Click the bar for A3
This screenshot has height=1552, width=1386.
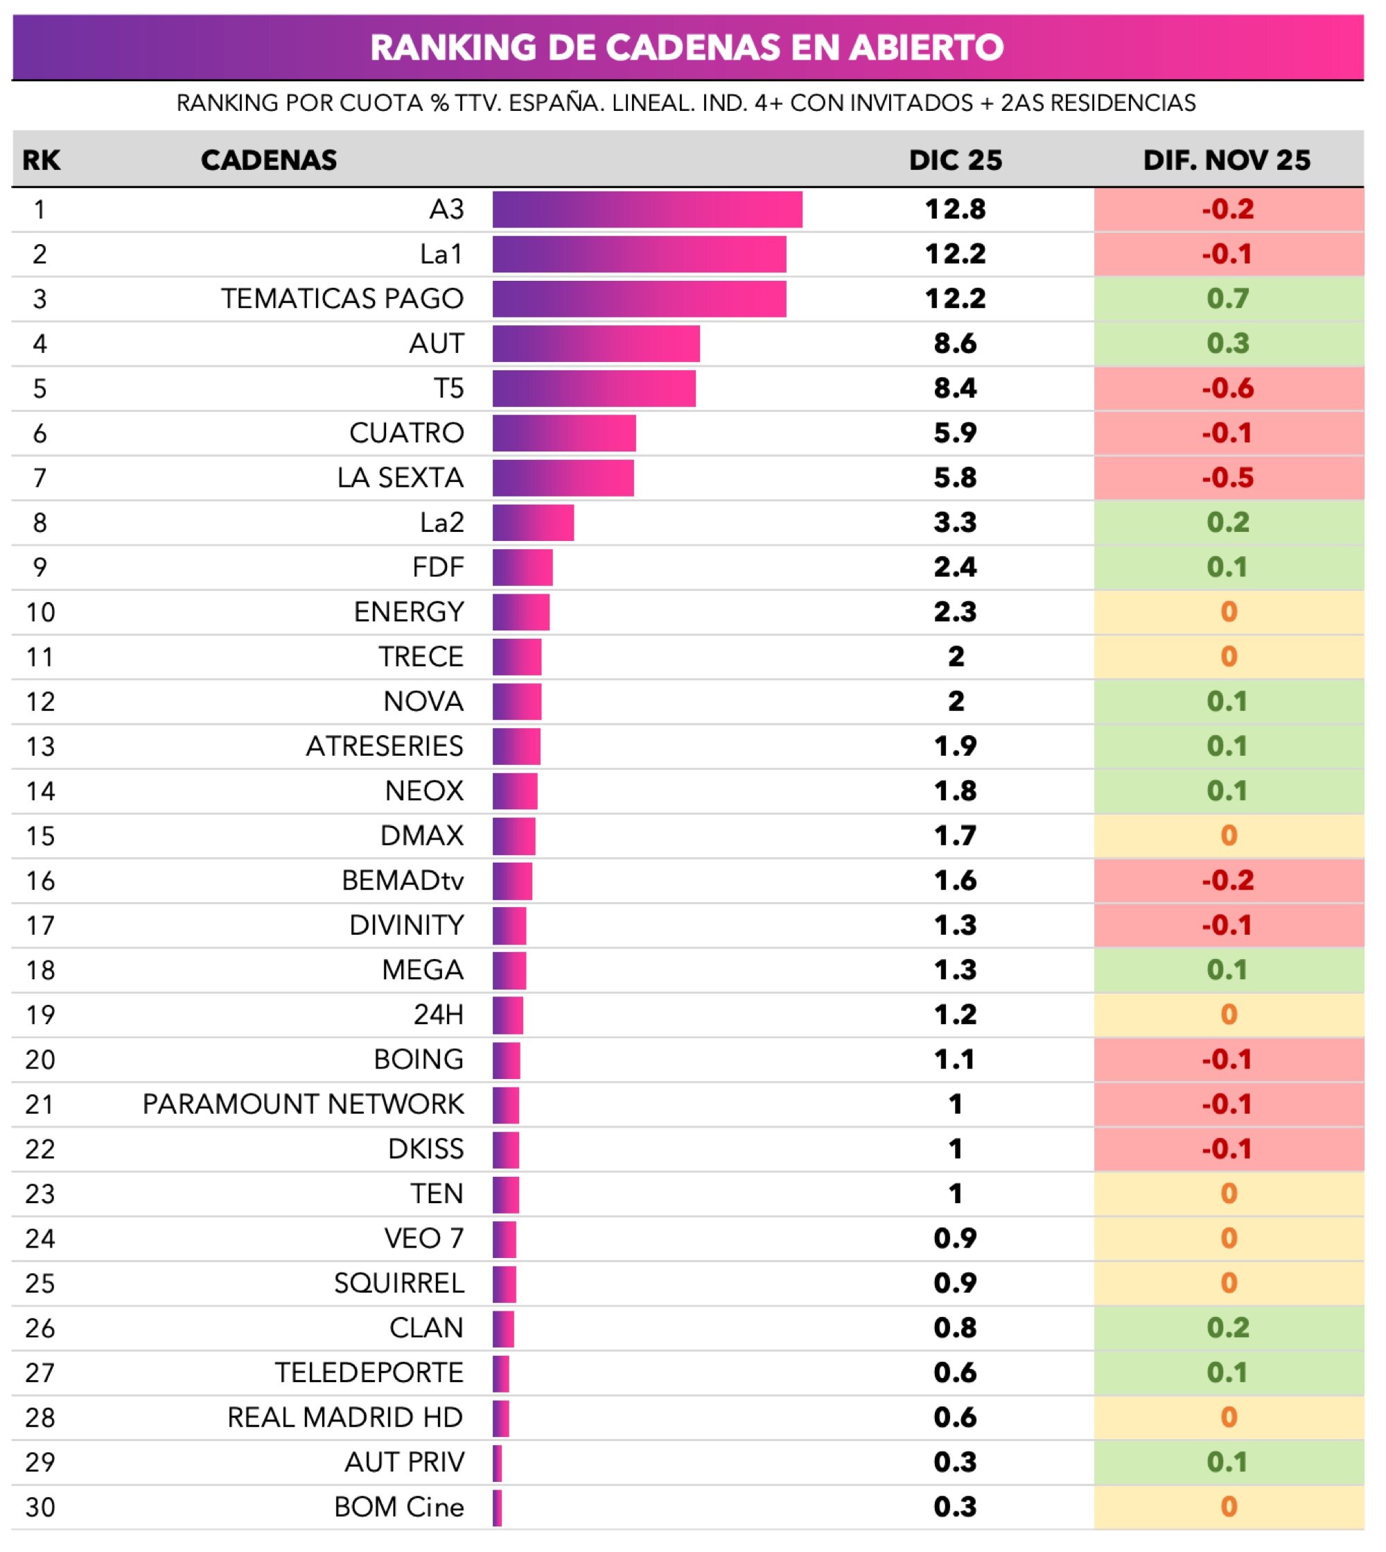point(647,209)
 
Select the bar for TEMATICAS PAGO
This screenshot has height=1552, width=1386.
point(640,299)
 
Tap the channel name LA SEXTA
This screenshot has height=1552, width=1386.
point(401,478)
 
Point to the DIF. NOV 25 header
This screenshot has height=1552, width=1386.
point(1227,160)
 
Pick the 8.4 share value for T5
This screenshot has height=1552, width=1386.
point(955,388)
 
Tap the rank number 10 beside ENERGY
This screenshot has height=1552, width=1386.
point(40,612)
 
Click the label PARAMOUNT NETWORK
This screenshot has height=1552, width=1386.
point(303,1105)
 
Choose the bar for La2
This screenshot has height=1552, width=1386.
point(533,523)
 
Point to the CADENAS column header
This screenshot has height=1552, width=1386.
point(269,160)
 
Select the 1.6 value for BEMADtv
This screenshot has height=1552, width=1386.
point(955,881)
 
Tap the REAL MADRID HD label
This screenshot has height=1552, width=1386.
point(345,1418)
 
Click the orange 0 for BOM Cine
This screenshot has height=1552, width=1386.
point(1229,1507)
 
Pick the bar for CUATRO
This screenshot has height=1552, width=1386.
point(564,433)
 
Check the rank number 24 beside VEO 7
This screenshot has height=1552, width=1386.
point(40,1239)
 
